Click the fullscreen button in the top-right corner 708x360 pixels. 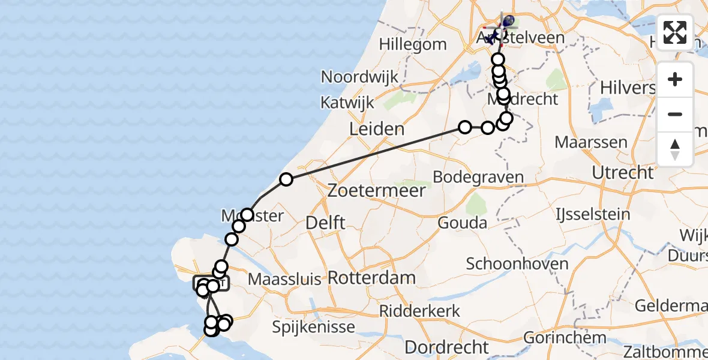click(675, 32)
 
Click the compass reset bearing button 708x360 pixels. click(675, 148)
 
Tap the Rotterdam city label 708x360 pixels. click(372, 278)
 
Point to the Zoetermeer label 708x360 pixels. click(377, 191)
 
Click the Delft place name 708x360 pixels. click(325, 223)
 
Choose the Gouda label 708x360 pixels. click(463, 223)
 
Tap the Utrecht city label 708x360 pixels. click(622, 173)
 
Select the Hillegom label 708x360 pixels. click(413, 44)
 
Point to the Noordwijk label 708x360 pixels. click(360, 77)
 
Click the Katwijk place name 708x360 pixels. click(347, 102)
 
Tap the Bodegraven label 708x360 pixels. click(478, 178)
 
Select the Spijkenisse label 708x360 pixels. click(313, 328)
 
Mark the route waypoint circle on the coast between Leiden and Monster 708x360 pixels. click(286, 179)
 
